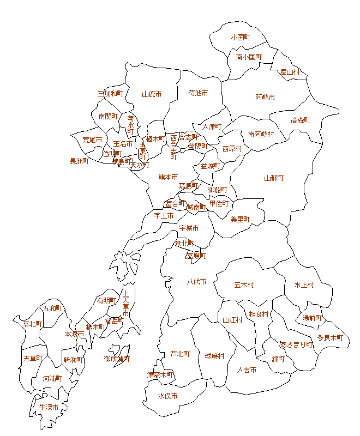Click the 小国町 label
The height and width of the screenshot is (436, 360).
coord(240,38)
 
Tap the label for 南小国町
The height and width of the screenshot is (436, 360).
coord(249,57)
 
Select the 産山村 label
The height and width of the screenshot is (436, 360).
coord(290,71)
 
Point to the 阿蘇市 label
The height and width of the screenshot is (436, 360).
coord(265,97)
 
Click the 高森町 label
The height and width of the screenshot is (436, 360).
coord(300,120)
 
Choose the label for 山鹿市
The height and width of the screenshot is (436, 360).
coord(152,94)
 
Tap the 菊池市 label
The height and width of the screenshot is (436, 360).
coord(198,93)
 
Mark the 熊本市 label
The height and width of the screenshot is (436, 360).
coord(168,177)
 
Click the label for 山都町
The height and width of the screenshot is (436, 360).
coord(274,178)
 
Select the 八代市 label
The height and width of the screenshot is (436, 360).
coord(196,281)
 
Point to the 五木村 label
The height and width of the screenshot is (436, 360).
coord(244,284)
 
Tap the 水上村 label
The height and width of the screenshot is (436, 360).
coord(304,284)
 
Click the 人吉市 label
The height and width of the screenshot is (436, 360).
coord(247,370)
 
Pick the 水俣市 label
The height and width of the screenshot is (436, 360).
coord(167,396)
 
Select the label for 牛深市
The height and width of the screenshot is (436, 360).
coord(49,407)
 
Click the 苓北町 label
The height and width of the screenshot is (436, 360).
coord(33,324)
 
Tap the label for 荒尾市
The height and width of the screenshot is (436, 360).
coord(92,140)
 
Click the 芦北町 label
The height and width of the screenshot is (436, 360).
coord(180,354)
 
